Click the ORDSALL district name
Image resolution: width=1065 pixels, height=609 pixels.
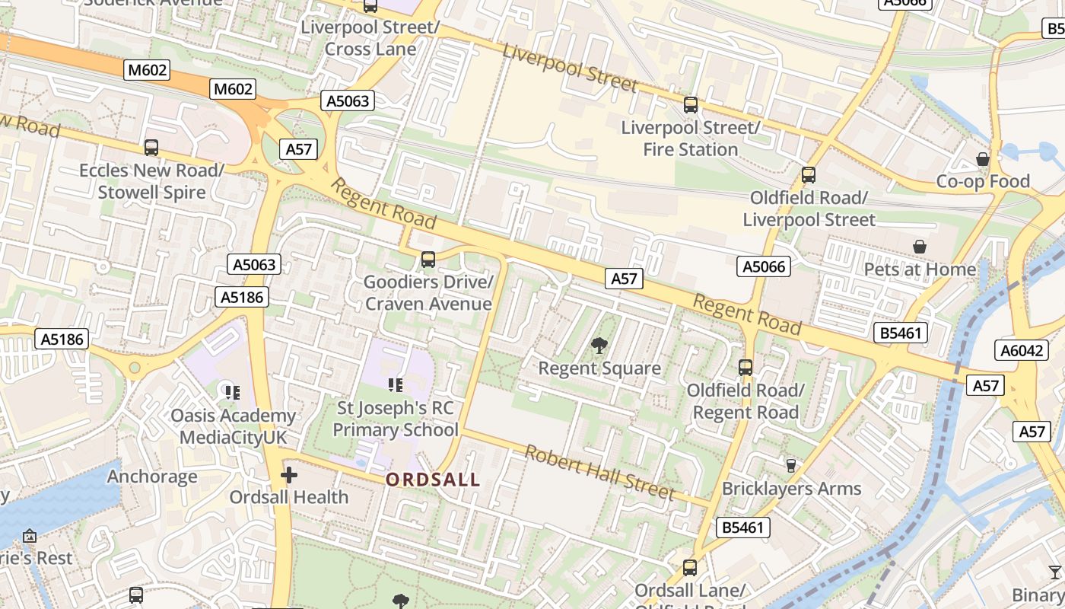click(433, 480)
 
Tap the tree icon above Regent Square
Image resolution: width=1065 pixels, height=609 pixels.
click(599, 346)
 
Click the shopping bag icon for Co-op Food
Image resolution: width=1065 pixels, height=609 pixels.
click(983, 159)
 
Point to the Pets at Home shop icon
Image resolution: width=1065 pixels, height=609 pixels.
click(920, 247)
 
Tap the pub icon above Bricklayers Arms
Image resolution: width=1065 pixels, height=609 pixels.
click(790, 465)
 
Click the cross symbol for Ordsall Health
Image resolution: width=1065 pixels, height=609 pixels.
click(289, 476)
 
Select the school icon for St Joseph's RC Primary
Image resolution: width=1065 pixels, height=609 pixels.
click(395, 385)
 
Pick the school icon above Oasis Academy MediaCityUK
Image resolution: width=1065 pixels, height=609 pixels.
click(233, 393)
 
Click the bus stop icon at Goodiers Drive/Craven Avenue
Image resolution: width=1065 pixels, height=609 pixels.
click(428, 260)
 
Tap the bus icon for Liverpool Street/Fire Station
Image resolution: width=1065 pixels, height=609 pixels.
click(691, 105)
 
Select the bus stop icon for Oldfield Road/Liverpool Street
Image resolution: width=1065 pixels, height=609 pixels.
click(809, 175)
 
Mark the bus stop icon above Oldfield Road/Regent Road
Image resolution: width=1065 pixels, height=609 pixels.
click(745, 368)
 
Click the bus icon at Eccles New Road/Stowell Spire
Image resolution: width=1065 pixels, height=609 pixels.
click(151, 148)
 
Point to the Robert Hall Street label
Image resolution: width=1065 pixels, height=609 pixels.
click(600, 473)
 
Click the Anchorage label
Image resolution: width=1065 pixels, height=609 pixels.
click(152, 477)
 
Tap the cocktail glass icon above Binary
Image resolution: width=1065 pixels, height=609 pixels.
click(1054, 572)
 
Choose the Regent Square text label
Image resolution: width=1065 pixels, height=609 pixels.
click(599, 368)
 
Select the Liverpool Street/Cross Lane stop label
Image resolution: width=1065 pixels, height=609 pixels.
click(370, 38)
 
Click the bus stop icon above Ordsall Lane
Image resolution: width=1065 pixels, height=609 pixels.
click(690, 568)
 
